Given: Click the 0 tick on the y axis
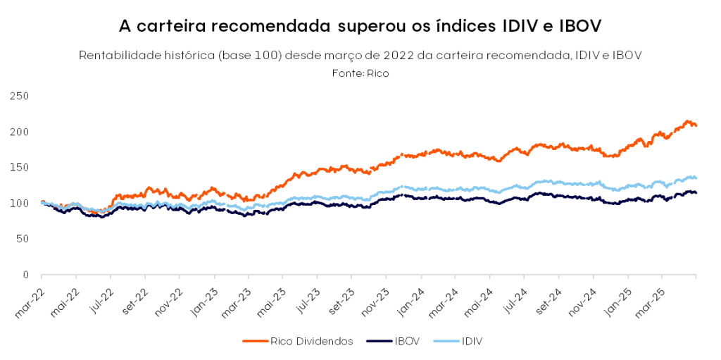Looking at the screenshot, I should tap(24, 275).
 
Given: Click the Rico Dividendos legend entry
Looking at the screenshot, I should tap(308, 341).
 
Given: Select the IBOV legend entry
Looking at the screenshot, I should tap(404, 341).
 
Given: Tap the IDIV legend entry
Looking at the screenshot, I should tap(470, 341).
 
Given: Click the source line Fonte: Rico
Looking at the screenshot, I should tap(360, 73).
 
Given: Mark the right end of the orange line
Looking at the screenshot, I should tap(696, 125).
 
